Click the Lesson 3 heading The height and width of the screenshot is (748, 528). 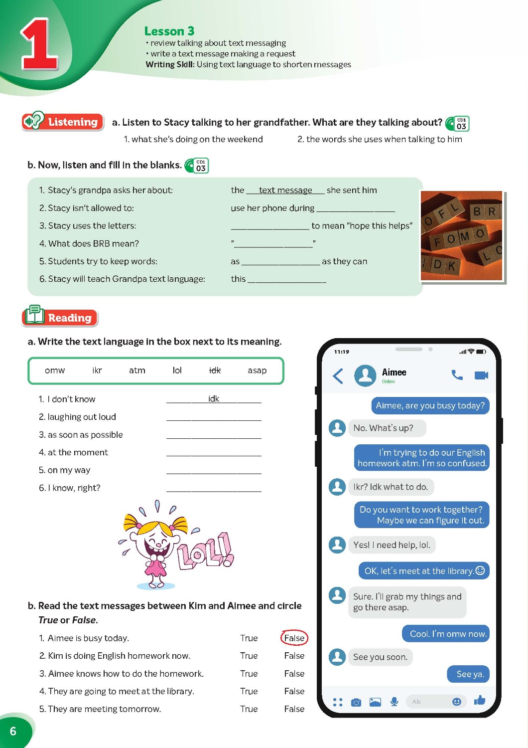[x=169, y=31]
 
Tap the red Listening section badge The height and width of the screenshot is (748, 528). [x=63, y=122]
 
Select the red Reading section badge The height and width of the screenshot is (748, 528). [x=60, y=317]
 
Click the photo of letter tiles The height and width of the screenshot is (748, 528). [x=462, y=235]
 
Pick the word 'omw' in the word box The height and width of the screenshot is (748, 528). [x=55, y=371]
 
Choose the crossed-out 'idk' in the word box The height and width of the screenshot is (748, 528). [x=215, y=371]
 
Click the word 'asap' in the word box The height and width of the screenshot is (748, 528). [x=257, y=371]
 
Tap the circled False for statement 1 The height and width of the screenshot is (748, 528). [x=294, y=638]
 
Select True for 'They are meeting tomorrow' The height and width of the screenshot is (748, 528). [x=249, y=709]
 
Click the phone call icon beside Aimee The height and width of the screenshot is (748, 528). [x=457, y=375]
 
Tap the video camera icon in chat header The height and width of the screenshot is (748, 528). [x=481, y=375]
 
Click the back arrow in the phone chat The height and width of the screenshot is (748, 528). [x=338, y=375]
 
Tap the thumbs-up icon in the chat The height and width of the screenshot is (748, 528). [x=480, y=701]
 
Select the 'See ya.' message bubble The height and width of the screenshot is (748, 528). [x=470, y=674]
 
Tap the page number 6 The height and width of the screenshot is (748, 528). [x=13, y=731]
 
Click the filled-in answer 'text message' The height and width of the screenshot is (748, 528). [x=285, y=190]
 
